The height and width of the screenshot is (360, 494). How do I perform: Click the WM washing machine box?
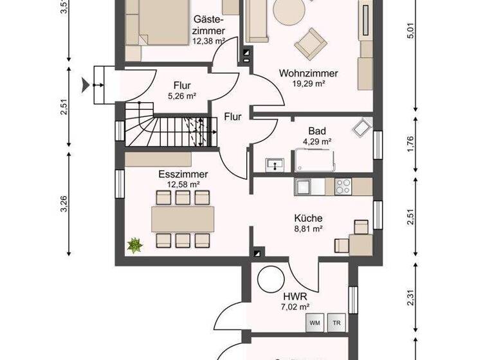click(x=315, y=322)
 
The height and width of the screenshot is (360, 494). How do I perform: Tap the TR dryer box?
click(x=335, y=322)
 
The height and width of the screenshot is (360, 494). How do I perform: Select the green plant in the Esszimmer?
click(x=135, y=245)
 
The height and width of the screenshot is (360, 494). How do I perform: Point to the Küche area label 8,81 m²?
click(x=309, y=228)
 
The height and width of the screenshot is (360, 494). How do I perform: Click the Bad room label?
click(x=316, y=131)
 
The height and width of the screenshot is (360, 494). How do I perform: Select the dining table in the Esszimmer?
click(x=183, y=219)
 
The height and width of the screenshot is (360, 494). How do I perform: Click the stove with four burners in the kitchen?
click(x=343, y=186)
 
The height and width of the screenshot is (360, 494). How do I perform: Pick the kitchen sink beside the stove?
click(x=304, y=186)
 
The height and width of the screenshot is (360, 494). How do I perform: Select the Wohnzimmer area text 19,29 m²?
click(x=308, y=83)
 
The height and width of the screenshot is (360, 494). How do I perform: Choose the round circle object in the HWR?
click(x=270, y=279)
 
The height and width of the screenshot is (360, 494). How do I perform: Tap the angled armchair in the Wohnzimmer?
click(x=311, y=42)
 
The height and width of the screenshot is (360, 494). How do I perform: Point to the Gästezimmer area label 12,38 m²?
click(x=208, y=40)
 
